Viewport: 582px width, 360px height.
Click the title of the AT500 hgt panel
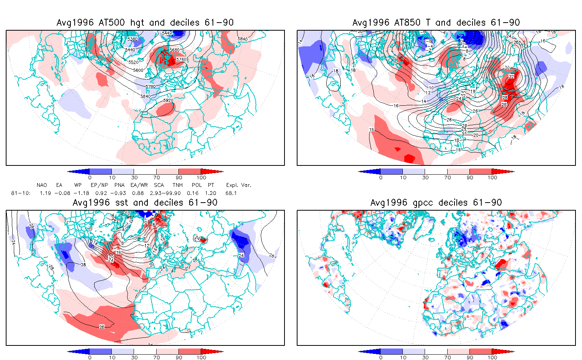[x=145, y=23]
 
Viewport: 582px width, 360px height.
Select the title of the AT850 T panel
[x=436, y=23]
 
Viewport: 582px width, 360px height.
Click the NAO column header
[x=42, y=185]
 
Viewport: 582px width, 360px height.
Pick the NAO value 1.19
[x=45, y=193]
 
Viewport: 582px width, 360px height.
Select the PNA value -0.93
[x=120, y=193]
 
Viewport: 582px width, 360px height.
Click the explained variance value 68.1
[x=231, y=193]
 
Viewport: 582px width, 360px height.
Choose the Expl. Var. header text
[x=239, y=185]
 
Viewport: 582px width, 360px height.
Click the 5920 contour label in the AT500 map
[x=168, y=100]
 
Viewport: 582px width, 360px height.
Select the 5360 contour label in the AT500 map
[x=132, y=39]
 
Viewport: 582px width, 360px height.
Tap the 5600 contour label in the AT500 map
[x=138, y=70]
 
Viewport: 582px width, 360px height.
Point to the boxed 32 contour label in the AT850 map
[x=511, y=77]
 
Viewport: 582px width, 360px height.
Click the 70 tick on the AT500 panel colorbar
[x=156, y=177]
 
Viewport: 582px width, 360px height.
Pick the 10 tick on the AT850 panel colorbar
[x=403, y=177]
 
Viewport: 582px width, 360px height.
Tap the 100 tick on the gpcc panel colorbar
[x=492, y=357]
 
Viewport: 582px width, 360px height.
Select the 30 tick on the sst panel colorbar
[x=134, y=357]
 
